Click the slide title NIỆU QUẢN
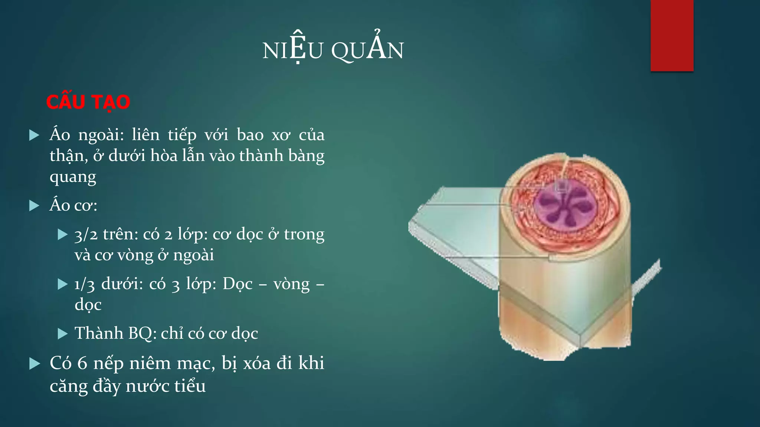[333, 50]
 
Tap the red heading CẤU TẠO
[88, 102]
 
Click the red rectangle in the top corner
[672, 35]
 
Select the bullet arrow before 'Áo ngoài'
[34, 135]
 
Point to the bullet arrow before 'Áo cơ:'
[34, 206]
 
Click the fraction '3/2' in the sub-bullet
[86, 235]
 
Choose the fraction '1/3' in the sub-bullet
[85, 285]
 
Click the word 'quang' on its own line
[73, 177]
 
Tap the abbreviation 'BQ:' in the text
[142, 333]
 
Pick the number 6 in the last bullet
[82, 363]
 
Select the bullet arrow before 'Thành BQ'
[63, 334]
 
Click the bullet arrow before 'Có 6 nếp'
[34, 364]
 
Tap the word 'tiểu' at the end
[190, 386]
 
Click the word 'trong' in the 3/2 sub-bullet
[304, 234]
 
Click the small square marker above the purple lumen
[562, 186]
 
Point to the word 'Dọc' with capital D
[237, 284]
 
